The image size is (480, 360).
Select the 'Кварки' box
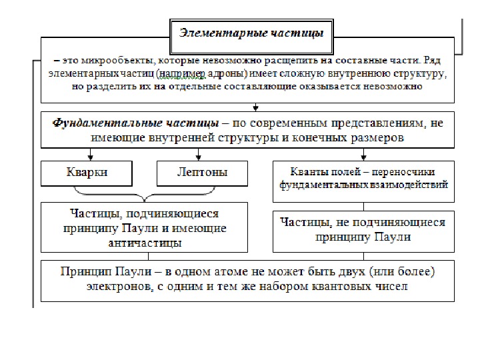click(x=87, y=173)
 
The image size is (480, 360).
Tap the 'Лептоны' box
click(x=202, y=173)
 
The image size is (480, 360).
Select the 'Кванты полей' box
click(x=363, y=179)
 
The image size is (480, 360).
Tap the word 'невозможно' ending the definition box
click(x=390, y=86)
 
